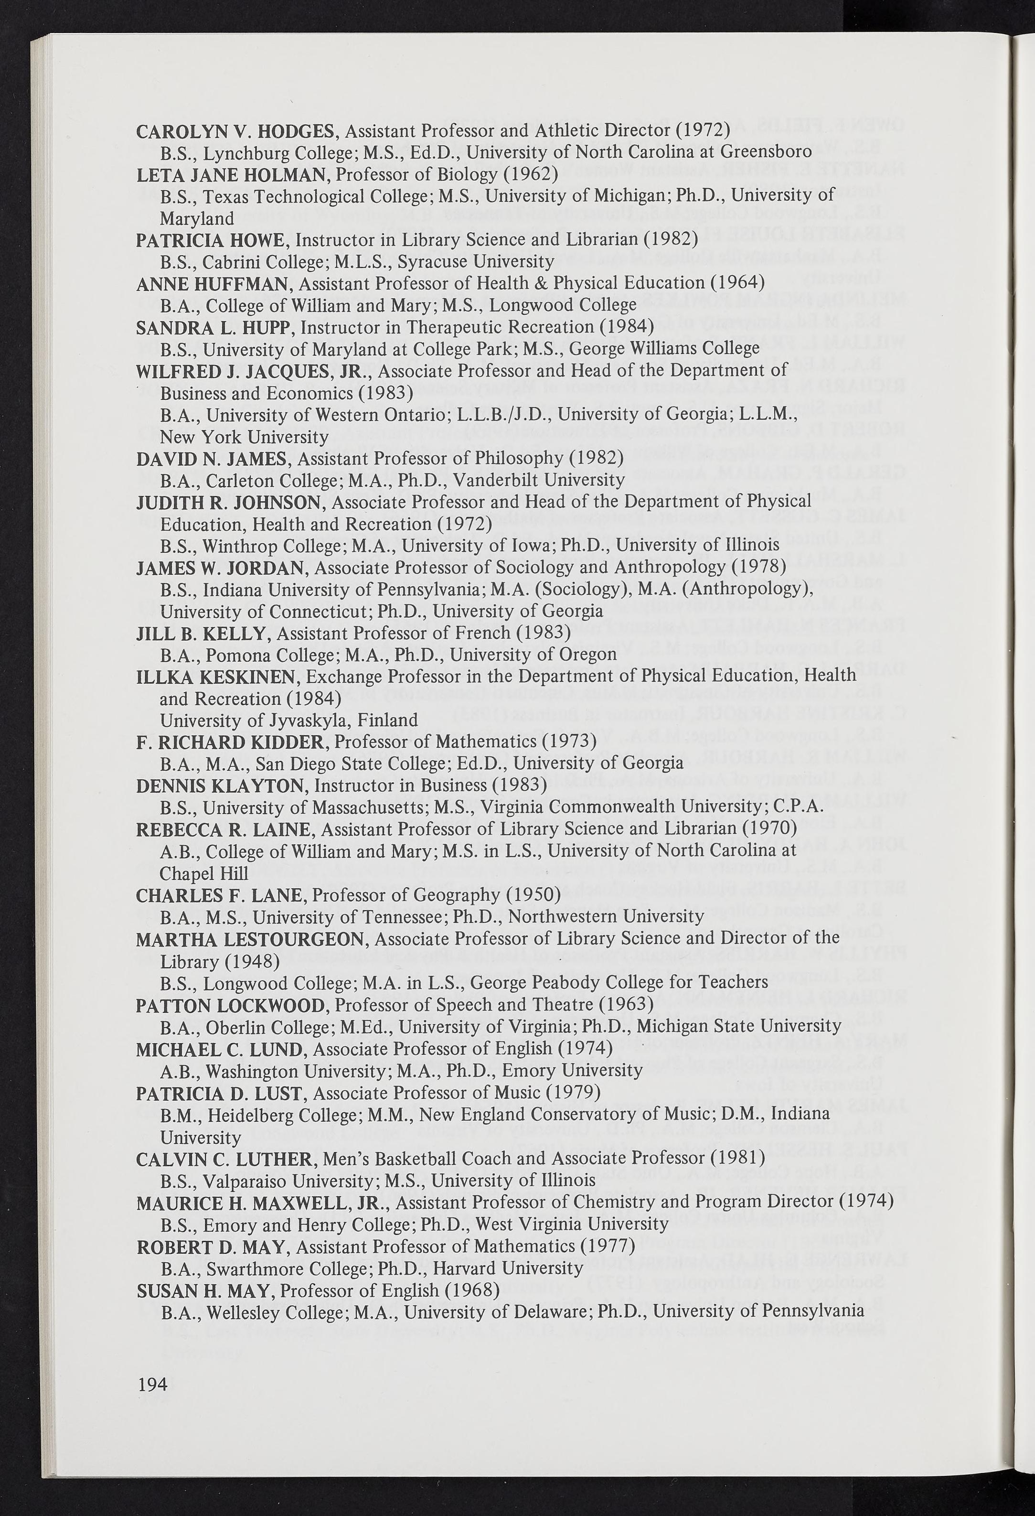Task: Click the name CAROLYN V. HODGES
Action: coord(235,131)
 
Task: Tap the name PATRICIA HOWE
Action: coord(210,240)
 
